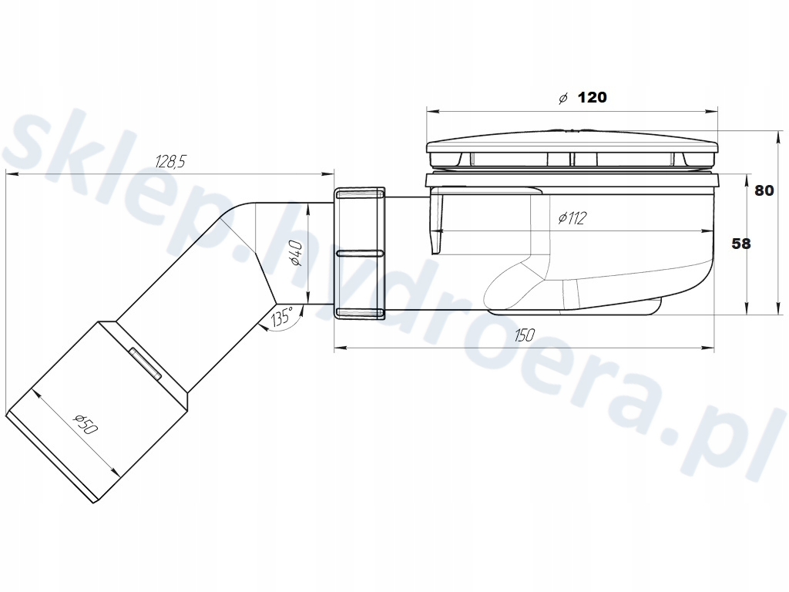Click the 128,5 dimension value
170,162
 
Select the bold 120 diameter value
592,97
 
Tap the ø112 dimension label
572,218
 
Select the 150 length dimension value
524,335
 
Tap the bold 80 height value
764,190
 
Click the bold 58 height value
740,244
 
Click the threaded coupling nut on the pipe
359,253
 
